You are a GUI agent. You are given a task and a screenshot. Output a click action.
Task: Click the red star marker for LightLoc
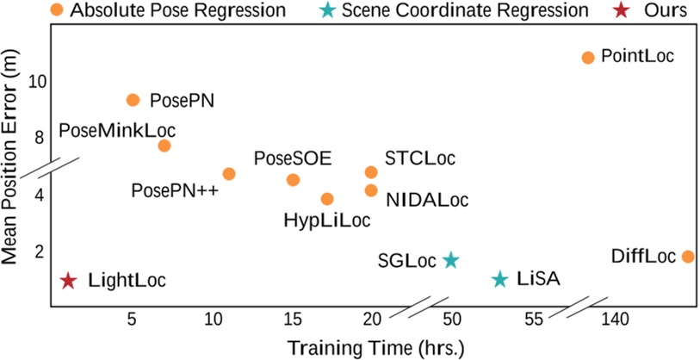pos(69,281)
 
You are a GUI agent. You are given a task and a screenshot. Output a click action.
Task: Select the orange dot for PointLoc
pos(588,58)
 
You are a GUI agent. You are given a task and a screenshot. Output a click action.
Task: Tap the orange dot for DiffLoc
pos(687,257)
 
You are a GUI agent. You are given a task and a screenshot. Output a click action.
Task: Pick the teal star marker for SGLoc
pos(450,260)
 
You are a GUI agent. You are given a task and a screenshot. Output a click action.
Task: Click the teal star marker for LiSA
pos(500,279)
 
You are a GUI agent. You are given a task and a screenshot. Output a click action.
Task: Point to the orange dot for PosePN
pos(133,100)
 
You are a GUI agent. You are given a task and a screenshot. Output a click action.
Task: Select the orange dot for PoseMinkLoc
pos(164,146)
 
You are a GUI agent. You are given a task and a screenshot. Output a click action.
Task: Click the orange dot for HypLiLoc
pos(327,199)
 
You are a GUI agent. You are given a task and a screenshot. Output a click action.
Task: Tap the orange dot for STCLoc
pos(371,172)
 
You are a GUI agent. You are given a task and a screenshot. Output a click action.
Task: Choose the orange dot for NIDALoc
pos(371,190)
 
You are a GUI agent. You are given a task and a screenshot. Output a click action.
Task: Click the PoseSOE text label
pos(293,158)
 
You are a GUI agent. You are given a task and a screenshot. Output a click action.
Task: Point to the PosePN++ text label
pos(175,188)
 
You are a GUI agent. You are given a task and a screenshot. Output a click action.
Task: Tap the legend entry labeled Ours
pos(666,11)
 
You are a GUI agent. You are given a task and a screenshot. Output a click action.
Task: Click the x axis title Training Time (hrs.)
pos(375,347)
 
